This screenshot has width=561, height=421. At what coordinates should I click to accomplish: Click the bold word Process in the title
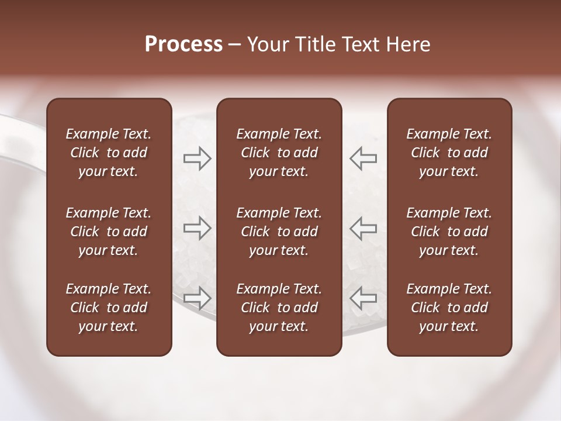183,44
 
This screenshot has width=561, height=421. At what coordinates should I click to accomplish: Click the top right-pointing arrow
197,158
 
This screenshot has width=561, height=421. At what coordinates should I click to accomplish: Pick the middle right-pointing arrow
197,228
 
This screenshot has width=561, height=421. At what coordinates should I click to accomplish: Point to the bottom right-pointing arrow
197,298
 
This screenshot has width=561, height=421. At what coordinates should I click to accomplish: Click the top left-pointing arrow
363,158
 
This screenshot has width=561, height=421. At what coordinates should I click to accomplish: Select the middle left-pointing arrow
363,228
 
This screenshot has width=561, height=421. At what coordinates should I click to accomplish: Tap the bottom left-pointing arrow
363,298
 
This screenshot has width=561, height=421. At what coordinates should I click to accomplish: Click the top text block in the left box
109,153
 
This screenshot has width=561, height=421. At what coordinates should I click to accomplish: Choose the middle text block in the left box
109,232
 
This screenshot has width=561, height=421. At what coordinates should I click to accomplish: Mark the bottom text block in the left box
109,308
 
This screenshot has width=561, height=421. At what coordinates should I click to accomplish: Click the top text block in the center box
279,153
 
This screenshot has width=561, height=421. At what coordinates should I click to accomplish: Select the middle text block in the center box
279,232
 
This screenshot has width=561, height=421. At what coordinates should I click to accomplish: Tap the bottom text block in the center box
279,308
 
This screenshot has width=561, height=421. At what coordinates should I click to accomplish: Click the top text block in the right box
449,153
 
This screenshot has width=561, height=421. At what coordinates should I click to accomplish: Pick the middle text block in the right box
449,232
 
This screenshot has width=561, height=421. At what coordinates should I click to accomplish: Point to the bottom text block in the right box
449,308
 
